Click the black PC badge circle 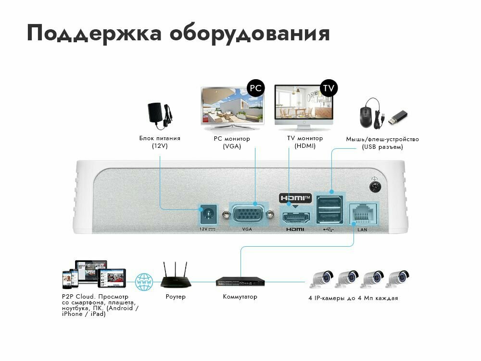point(256,88)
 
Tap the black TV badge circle point(329,88)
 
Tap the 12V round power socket point(209,213)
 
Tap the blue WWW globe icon point(144,282)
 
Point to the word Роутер point(175,297)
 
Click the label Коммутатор point(240,297)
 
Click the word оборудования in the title point(250,34)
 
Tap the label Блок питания point(160,138)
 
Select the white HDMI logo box point(295,197)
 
